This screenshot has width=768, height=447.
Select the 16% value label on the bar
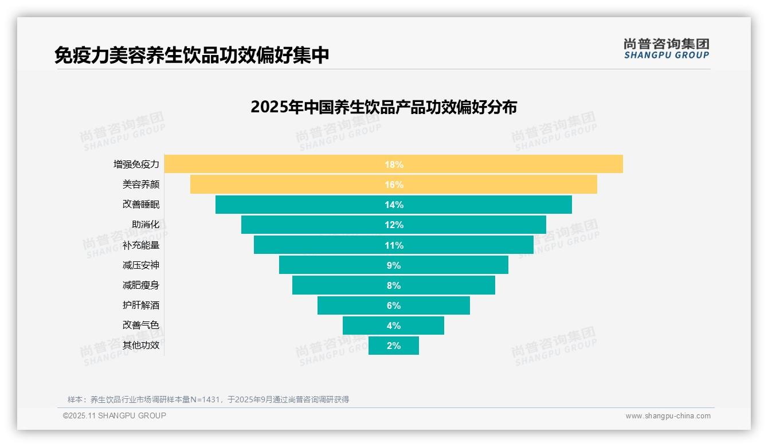click(x=394, y=185)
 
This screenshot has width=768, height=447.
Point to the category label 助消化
click(x=146, y=225)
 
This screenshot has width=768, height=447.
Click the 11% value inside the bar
click(x=394, y=245)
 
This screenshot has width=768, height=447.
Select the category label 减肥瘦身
click(x=141, y=285)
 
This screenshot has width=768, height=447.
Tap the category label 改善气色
click(x=141, y=326)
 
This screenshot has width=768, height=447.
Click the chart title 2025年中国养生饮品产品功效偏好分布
click(x=383, y=107)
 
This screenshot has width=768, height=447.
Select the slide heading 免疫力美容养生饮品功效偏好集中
click(x=191, y=55)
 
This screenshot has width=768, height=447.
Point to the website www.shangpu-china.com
click(x=668, y=416)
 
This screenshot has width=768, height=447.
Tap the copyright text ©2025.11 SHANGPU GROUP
click(x=115, y=415)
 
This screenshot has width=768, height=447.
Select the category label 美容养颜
click(x=141, y=185)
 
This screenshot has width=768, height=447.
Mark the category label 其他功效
click(x=141, y=346)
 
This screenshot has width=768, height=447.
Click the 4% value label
click(x=394, y=326)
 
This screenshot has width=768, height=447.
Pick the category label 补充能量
click(x=141, y=245)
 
